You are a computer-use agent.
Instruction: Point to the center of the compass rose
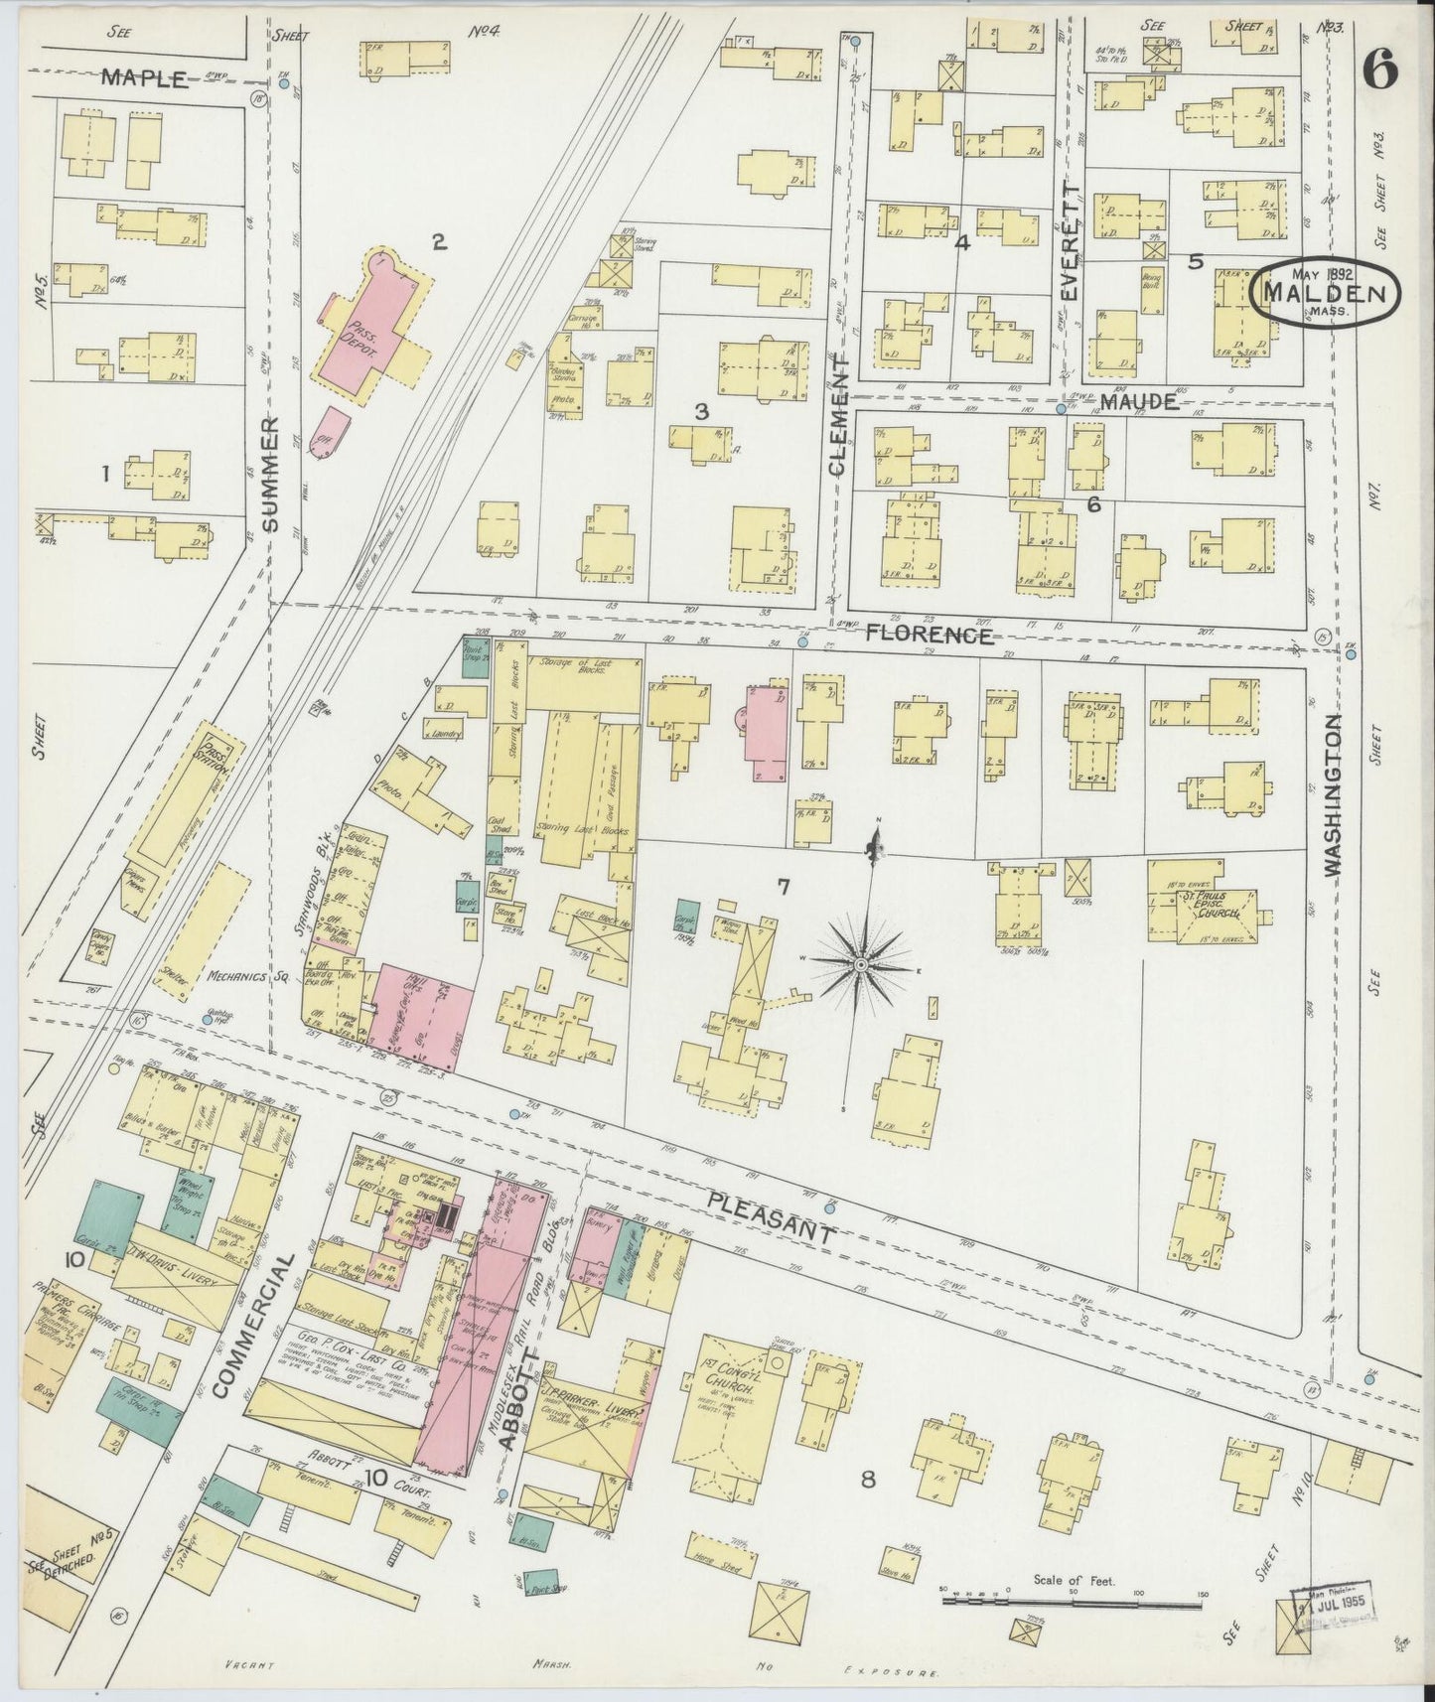pos(860,963)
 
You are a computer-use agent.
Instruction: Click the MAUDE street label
pos(1139,403)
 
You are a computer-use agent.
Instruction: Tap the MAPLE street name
pos(143,79)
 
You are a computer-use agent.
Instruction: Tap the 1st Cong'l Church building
pos(726,1420)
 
